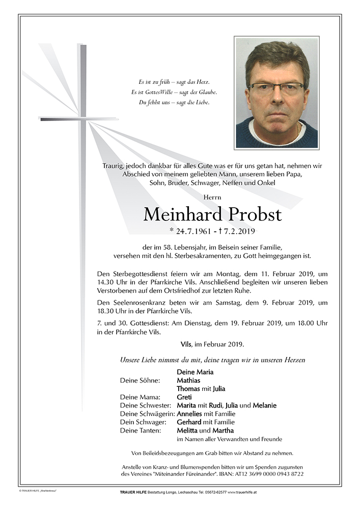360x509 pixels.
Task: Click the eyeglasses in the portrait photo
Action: coord(276,87)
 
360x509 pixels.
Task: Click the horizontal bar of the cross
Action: coord(78,119)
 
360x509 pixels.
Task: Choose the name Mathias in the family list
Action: coord(188,380)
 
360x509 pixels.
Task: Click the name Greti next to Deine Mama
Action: coord(184,397)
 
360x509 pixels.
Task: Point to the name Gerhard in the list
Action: coord(189,422)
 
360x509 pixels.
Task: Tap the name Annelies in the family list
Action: coord(190,414)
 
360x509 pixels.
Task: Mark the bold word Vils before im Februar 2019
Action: coord(186,345)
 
